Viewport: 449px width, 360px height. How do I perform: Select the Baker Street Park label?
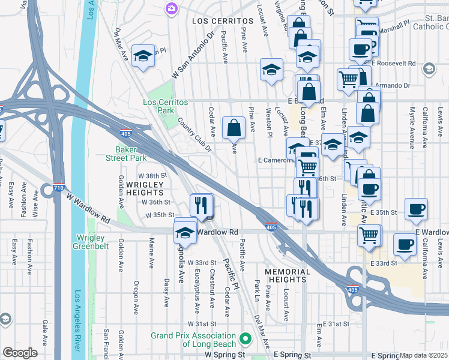tap(131, 154)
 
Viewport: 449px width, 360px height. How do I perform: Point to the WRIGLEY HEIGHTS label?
tap(144, 188)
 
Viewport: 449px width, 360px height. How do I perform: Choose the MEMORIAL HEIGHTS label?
tap(288, 277)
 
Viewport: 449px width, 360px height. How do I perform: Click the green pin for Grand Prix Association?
tap(245, 339)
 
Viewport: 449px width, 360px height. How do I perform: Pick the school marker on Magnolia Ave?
tap(185, 233)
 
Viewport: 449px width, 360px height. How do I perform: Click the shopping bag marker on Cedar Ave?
tap(233, 127)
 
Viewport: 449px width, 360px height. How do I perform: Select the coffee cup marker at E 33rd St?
tap(405, 245)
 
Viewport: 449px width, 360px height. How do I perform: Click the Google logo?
tap(20, 353)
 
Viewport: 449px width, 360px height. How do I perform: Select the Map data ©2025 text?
tap(424, 356)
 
